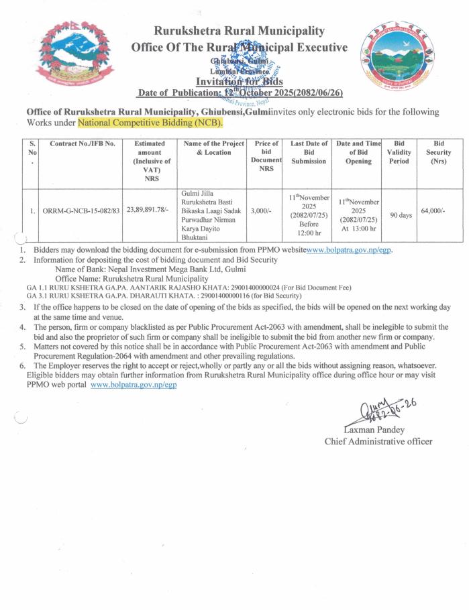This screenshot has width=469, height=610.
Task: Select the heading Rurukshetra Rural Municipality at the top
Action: click(240, 31)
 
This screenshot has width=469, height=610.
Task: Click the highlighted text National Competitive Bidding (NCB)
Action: click(150, 123)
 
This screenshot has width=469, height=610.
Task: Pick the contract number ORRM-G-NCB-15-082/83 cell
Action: click(81, 210)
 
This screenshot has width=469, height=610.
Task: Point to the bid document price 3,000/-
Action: click(262, 210)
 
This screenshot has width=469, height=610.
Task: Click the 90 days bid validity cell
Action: click(401, 215)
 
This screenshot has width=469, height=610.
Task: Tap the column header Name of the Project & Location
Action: click(213, 148)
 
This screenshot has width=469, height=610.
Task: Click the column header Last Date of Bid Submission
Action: click(309, 148)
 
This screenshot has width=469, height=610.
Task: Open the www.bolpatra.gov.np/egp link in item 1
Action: click(349, 249)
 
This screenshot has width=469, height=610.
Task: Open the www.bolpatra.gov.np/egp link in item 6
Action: click(133, 385)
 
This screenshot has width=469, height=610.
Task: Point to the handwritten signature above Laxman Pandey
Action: click(376, 406)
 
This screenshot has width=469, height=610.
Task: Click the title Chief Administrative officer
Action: click(378, 441)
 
